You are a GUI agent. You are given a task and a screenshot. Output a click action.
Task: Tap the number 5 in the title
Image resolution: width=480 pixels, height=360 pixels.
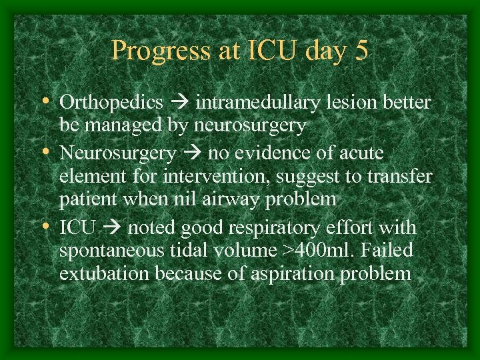coord(361,51)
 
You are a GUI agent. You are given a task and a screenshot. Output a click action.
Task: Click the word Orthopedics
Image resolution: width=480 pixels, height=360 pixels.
coord(111,103)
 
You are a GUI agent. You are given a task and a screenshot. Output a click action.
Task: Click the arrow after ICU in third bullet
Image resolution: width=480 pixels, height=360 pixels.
coord(112,228)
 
